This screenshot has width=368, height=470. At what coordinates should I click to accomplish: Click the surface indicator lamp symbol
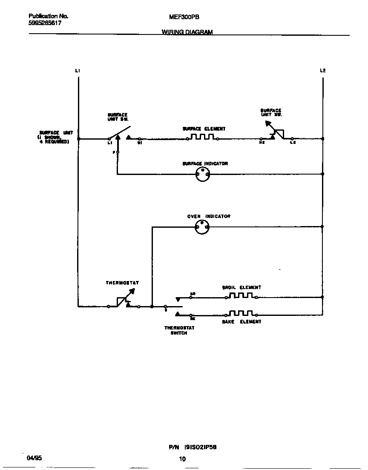point(202,174)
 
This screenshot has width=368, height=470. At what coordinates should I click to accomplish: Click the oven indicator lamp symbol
point(202,227)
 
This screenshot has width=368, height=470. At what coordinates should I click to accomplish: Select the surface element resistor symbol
point(202,138)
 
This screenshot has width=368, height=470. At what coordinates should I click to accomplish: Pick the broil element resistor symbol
point(241,296)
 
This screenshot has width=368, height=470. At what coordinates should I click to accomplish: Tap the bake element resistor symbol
point(241,314)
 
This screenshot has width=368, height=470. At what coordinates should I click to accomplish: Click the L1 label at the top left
point(78,71)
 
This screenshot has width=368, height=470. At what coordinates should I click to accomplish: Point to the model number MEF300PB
point(184,17)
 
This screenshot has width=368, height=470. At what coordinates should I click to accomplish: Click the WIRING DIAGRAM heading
point(187,32)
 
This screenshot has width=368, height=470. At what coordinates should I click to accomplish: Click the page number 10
point(182,459)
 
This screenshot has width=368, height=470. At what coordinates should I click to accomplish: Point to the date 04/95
point(34,458)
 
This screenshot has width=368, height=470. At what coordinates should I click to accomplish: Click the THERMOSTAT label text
point(122,283)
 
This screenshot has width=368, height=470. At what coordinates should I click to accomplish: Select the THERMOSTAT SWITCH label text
point(179,330)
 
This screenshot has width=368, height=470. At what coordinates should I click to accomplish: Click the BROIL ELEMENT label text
point(241,287)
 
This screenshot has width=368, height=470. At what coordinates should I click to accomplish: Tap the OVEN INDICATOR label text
point(209,216)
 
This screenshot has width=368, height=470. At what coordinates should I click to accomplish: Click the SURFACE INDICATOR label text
point(205,163)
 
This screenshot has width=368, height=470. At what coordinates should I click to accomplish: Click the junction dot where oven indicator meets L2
point(322,226)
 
